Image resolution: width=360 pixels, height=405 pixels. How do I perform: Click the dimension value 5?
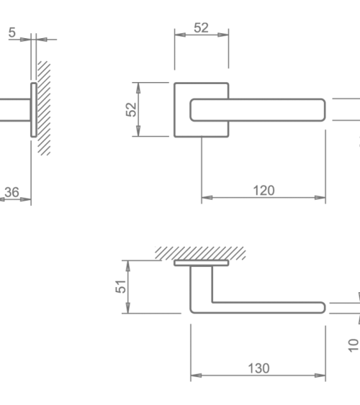click(x=12, y=32)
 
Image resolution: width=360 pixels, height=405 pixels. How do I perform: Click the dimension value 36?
click(x=12, y=192)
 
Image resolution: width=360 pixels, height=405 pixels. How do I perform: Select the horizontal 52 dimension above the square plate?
click(x=201, y=27)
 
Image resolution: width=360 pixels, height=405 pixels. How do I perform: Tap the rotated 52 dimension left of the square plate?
click(x=131, y=109)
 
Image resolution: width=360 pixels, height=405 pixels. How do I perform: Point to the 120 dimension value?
click(x=264, y=191)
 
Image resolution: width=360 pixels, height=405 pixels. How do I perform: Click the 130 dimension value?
click(x=258, y=368)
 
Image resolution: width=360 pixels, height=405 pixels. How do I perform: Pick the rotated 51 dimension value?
click(x=121, y=286)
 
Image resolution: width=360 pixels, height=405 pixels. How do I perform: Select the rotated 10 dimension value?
click(x=354, y=345)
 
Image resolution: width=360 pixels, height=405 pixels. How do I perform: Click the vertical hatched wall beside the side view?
click(x=44, y=108)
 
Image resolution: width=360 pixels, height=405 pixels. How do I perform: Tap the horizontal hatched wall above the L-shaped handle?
click(x=200, y=253)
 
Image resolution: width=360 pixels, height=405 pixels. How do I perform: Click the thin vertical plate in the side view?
click(x=34, y=110)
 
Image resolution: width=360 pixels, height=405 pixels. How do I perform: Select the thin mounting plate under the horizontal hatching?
click(x=202, y=263)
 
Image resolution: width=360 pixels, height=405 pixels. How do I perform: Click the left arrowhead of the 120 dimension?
click(x=207, y=198)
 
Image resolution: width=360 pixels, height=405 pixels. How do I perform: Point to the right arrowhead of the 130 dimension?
click(x=320, y=376)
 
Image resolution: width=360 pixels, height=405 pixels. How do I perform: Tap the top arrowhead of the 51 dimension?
click(x=128, y=266)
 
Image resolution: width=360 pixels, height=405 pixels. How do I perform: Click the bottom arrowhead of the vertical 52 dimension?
click(x=138, y=131)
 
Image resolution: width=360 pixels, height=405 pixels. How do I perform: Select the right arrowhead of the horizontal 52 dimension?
click(x=223, y=35)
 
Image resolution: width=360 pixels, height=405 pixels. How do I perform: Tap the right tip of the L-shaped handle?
click(x=325, y=308)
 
